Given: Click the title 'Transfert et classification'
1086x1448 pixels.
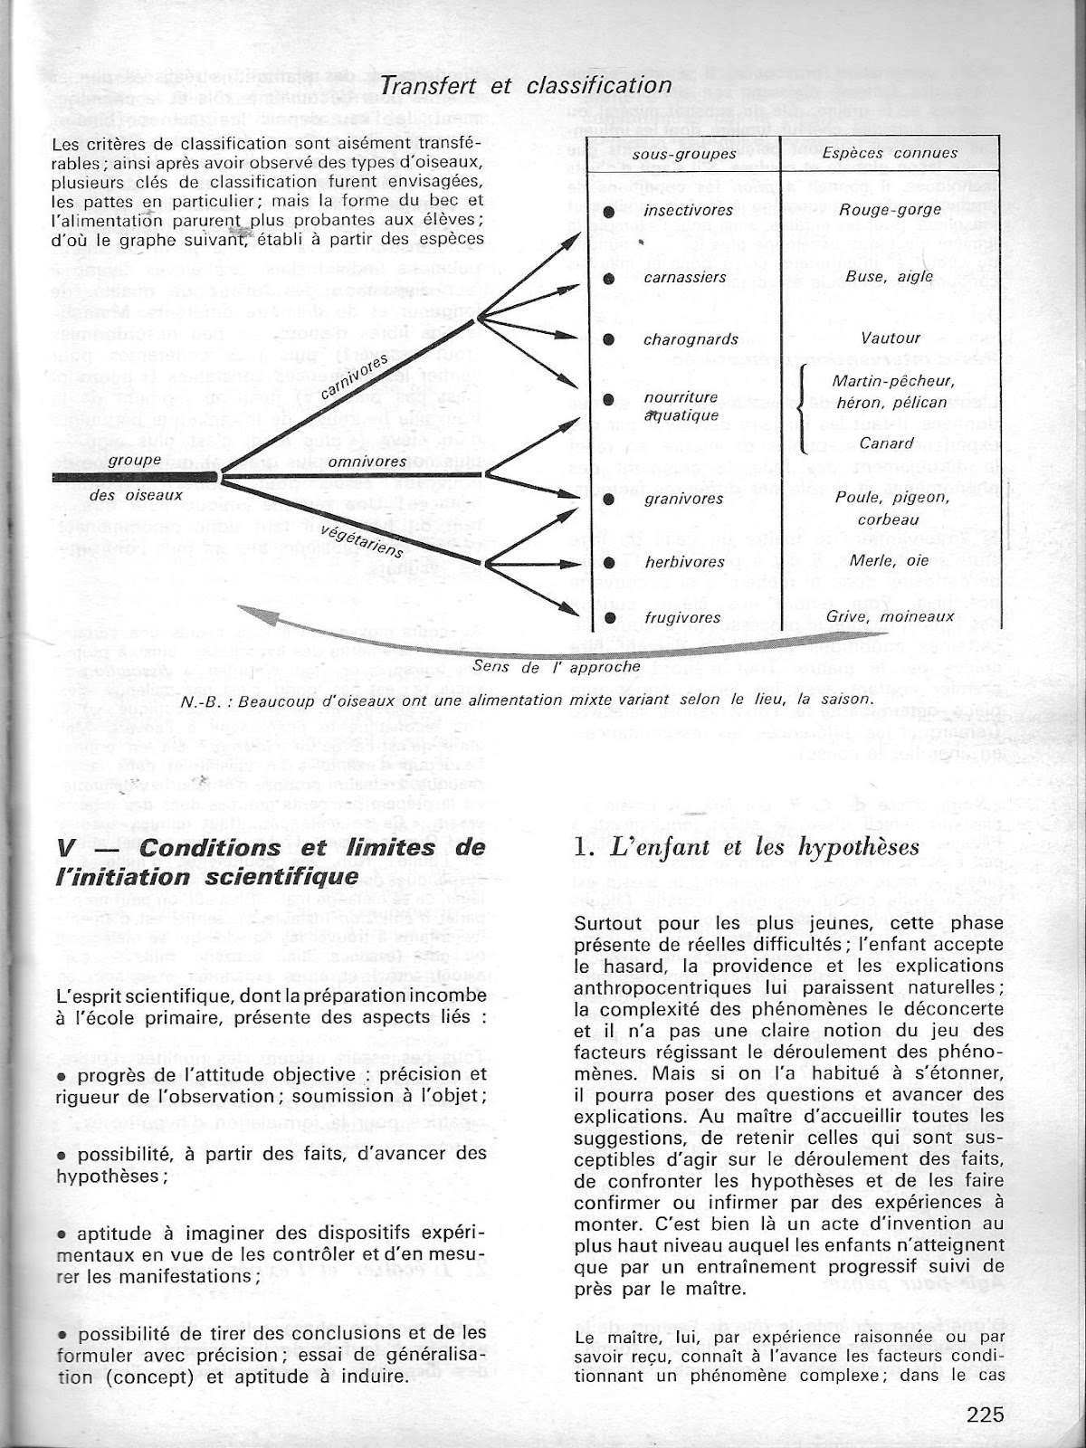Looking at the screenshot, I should coord(528,85).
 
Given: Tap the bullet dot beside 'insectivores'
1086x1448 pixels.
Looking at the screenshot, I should coord(609,211).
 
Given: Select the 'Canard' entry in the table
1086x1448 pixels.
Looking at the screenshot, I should coord(861,443).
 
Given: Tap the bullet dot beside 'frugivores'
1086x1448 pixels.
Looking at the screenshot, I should coord(609,619).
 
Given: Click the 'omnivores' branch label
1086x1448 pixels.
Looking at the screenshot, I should coord(367,462).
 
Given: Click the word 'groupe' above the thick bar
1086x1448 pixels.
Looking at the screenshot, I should coord(134,460).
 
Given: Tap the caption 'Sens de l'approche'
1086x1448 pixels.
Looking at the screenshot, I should coord(557,666).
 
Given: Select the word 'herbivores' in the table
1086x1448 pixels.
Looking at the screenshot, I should coord(684,562).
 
